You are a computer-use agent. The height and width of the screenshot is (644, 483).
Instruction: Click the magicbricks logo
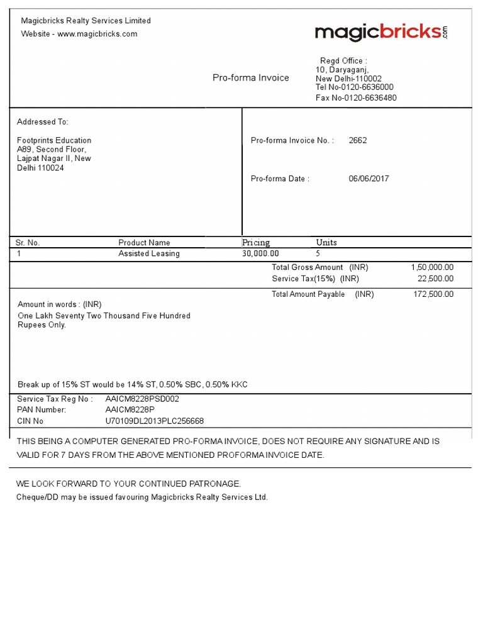pyautogui.click(x=380, y=32)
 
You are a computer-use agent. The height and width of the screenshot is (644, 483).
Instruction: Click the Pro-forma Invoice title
pyautogui.click(x=250, y=78)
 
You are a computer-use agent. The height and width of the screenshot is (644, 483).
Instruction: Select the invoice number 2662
pyautogui.click(x=358, y=141)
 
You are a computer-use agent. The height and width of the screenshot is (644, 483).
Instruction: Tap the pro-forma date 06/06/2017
pyautogui.click(x=369, y=179)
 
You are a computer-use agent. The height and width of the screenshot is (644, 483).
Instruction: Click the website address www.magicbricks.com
pyautogui.click(x=97, y=34)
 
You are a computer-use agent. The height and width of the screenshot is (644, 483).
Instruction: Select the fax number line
pyautogui.click(x=356, y=98)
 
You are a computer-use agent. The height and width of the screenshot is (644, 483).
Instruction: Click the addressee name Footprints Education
pyautogui.click(x=54, y=140)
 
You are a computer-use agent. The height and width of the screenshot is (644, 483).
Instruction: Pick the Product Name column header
pyautogui.click(x=144, y=243)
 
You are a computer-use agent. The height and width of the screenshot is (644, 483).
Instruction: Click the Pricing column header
pyautogui.click(x=256, y=243)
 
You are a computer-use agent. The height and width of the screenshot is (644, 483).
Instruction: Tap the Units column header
pyautogui.click(x=326, y=243)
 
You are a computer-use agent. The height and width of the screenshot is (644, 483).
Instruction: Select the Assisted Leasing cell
pyautogui.click(x=149, y=254)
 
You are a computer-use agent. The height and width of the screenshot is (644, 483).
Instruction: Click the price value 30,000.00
pyautogui.click(x=260, y=254)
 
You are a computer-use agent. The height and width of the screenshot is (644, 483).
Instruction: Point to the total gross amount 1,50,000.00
pyautogui.click(x=431, y=267)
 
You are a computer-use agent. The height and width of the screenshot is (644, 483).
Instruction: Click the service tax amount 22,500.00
pyautogui.click(x=435, y=279)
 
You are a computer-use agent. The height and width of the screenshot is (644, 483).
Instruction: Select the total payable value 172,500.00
pyautogui.click(x=433, y=294)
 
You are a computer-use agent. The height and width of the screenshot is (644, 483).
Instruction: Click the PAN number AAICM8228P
pyautogui.click(x=130, y=410)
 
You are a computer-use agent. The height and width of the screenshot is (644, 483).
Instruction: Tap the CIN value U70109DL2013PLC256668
pyautogui.click(x=155, y=421)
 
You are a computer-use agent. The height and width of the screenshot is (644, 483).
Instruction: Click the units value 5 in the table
pyautogui.click(x=318, y=254)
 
